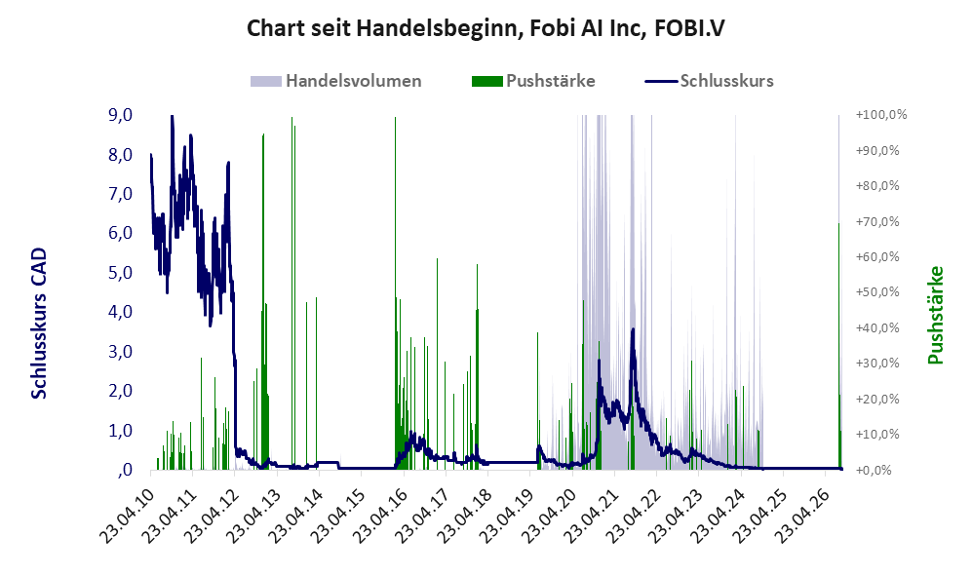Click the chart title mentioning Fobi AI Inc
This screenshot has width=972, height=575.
point(486,28)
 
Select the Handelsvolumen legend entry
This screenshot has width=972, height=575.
point(335,81)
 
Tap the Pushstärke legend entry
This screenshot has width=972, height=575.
point(533,81)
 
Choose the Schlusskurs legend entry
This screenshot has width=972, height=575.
point(709,81)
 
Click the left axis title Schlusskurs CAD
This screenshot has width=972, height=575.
point(39,323)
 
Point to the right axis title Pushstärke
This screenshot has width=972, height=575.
point(935,315)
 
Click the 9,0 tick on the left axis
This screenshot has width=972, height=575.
point(120,115)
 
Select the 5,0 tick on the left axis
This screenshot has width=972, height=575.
point(120,273)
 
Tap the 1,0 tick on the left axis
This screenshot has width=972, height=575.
point(120,431)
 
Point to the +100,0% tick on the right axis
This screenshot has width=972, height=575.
point(881,115)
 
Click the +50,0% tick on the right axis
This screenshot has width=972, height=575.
point(877,291)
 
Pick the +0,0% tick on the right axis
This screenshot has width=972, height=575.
point(875,470)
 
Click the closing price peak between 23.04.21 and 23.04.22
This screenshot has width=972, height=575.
point(633,329)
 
